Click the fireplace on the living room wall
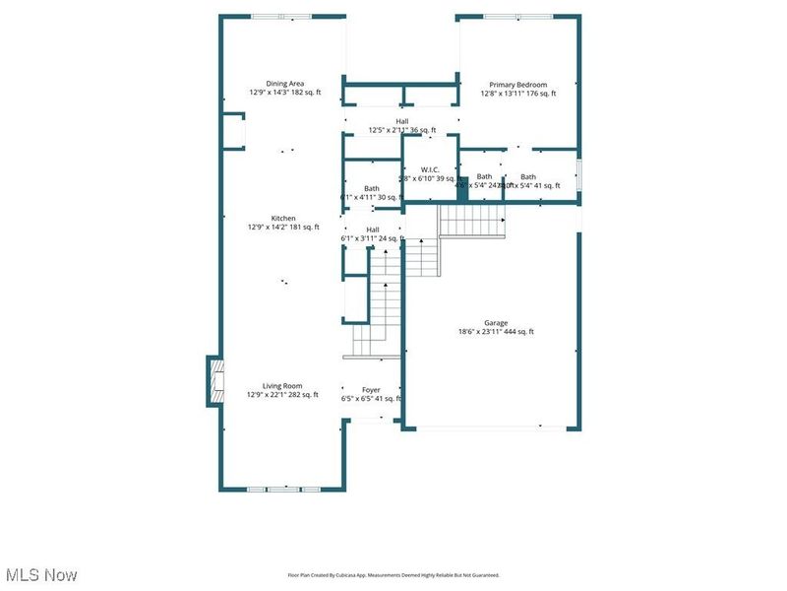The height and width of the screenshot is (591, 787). click(x=212, y=380)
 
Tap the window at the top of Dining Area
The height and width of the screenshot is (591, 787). click(x=280, y=17)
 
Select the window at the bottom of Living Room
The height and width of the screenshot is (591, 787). click(x=283, y=489)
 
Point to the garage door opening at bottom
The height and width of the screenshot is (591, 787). click(x=492, y=427)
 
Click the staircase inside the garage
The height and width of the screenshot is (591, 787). click(x=472, y=221)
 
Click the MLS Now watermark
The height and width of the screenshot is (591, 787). click(x=41, y=574)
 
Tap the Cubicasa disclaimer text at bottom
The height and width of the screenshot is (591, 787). click(x=393, y=574)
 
